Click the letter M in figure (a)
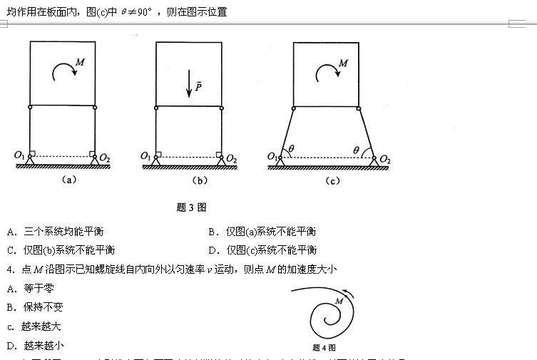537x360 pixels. tap(81, 63)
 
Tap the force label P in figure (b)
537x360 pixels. tap(199, 85)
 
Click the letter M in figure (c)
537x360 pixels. tap(343, 63)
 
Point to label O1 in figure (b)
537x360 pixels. tap(146, 155)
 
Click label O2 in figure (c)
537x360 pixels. tap(385, 158)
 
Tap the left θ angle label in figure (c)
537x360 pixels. tap(291, 149)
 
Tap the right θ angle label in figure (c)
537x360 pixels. tap(357, 149)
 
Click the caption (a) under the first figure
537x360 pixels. tap(68, 180)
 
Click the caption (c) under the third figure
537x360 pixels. tap(332, 180)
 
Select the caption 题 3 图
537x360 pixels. tap(190, 207)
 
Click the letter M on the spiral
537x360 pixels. tap(339, 302)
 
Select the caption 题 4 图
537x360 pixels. tap(324, 348)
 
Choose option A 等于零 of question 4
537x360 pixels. tap(30, 288)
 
